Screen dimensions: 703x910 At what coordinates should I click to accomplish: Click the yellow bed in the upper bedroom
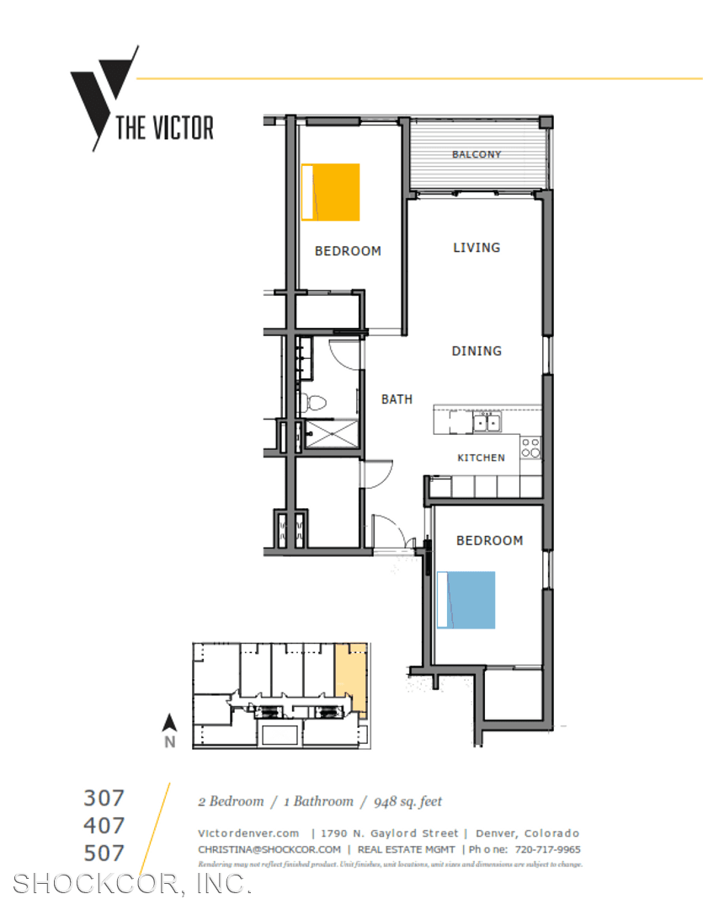pos(331,192)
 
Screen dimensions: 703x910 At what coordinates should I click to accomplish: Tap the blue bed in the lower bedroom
pos(466,600)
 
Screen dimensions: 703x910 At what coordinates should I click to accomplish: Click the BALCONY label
pos(477,154)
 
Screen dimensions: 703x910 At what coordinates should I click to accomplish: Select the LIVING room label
pos(477,248)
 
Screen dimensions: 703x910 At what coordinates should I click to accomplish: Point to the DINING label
pos(477,351)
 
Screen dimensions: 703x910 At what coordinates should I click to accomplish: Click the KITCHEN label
pos(482,458)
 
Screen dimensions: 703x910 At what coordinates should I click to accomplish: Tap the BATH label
pos(397,399)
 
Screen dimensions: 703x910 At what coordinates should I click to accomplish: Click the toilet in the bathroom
pos(314,402)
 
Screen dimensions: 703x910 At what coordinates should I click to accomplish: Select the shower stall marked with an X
pos(331,434)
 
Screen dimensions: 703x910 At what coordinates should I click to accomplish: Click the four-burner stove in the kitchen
pos(530,448)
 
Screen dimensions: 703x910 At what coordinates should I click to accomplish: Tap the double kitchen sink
pos(487,423)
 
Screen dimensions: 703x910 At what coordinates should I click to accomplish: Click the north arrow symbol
pos(169,723)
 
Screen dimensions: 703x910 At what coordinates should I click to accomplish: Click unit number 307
pos(104,799)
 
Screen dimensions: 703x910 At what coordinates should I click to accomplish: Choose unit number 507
pos(104,853)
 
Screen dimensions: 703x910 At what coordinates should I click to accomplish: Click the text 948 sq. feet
pos(407,801)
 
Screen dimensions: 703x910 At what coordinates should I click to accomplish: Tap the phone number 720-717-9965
pos(547,849)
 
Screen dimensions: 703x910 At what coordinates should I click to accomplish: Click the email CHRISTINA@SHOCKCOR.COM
pos(269,849)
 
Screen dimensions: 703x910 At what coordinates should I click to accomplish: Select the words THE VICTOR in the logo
pos(165,128)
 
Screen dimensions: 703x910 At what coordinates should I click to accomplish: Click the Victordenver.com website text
pos(248,833)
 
